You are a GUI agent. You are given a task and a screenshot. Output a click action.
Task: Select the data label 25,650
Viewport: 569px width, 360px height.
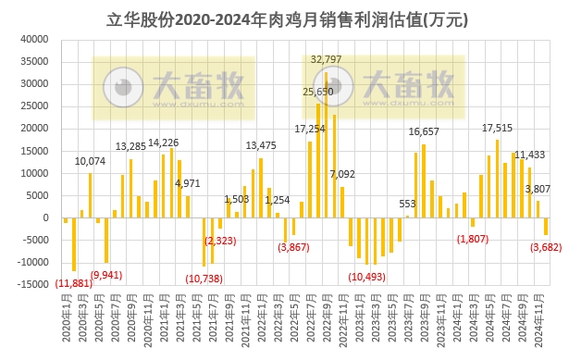(318, 92)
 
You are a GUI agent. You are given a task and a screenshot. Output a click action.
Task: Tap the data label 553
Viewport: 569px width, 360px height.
(407, 204)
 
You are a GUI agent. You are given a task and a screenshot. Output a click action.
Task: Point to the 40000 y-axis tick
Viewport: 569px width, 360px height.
(35, 40)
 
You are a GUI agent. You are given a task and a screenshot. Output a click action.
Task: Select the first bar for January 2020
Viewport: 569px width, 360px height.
(66, 220)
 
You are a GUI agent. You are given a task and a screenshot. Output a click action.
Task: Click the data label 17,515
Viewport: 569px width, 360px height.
(498, 128)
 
